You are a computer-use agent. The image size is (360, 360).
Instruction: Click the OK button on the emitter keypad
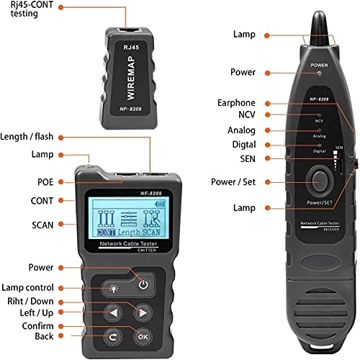click(x=143, y=335)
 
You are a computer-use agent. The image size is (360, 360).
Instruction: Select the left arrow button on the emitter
click(x=113, y=312)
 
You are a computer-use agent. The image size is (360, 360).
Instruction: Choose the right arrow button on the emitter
click(x=143, y=312)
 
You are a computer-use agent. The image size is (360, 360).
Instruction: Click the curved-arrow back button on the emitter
click(x=113, y=335)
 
